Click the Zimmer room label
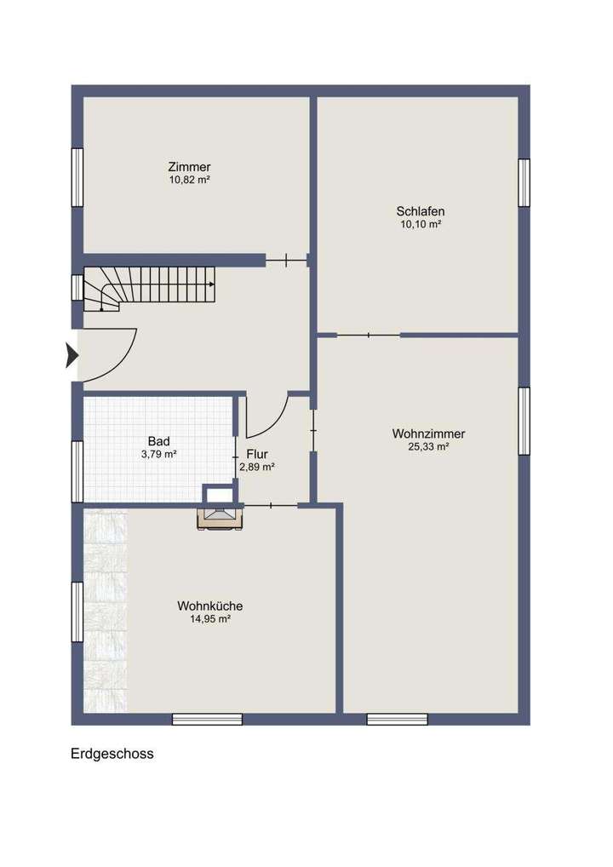pyautogui.click(x=189, y=167)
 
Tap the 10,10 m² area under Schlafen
pyautogui.click(x=420, y=225)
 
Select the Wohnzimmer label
pyautogui.click(x=428, y=433)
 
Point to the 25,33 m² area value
pyautogui.click(x=428, y=446)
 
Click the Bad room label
pyautogui.click(x=158, y=441)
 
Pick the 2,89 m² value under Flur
pyautogui.click(x=257, y=467)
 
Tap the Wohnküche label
pyautogui.click(x=210, y=606)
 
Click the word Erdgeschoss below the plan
pyautogui.click(x=112, y=754)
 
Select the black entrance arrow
pyautogui.click(x=72, y=354)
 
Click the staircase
pyautogui.click(x=149, y=286)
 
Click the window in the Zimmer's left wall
pyautogui.click(x=77, y=177)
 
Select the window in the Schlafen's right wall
pyautogui.click(x=524, y=182)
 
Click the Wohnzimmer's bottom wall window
pyautogui.click(x=397, y=720)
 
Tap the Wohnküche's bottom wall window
pyautogui.click(x=207, y=720)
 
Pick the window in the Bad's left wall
pyautogui.click(x=77, y=471)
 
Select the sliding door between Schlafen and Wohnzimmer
pyautogui.click(x=368, y=335)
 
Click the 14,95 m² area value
pyautogui.click(x=210, y=619)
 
